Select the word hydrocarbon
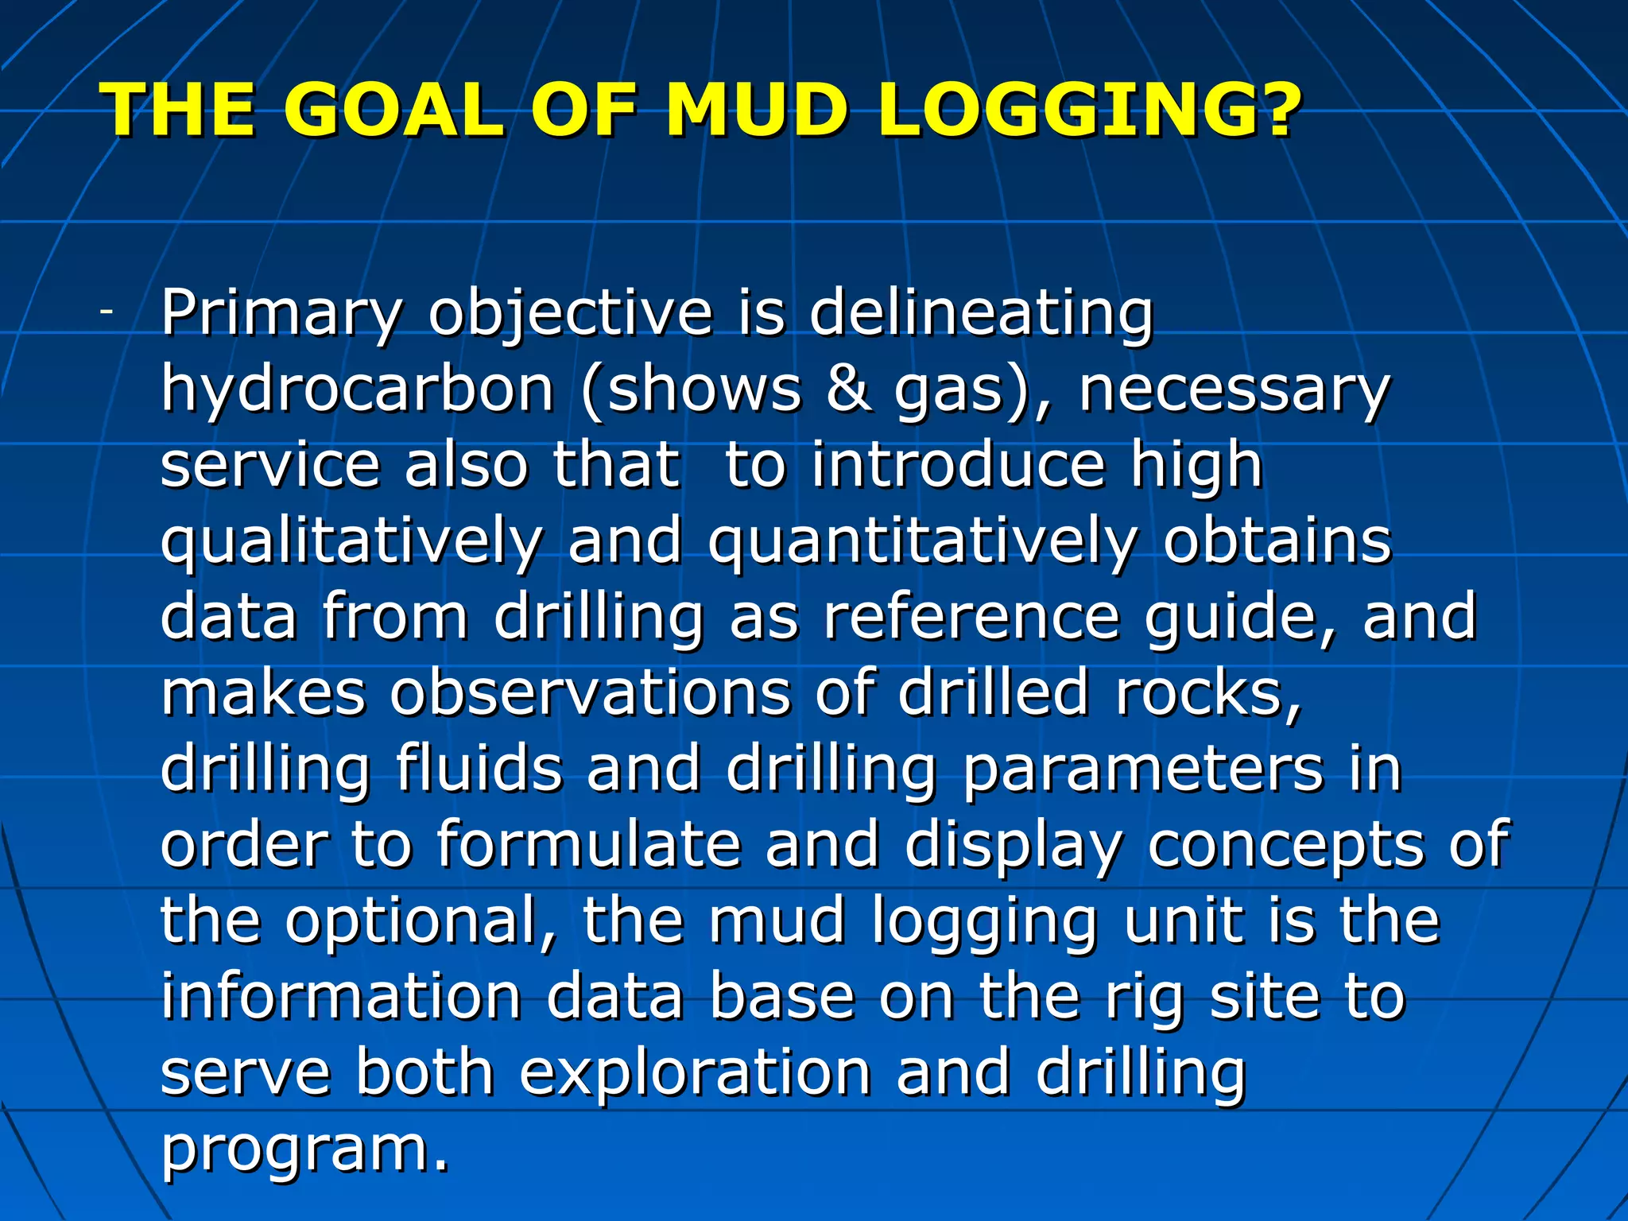(357, 390)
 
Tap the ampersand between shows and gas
(848, 390)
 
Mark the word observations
(589, 692)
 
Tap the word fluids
(479, 769)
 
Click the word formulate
(588, 844)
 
